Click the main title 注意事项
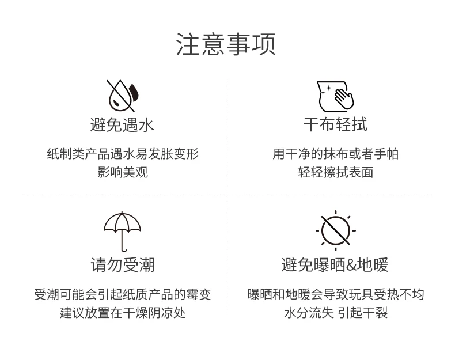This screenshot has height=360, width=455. pyautogui.click(x=226, y=44)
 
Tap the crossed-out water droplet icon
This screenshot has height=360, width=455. pyautogui.click(x=122, y=96)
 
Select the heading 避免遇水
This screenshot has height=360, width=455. pyautogui.click(x=122, y=125)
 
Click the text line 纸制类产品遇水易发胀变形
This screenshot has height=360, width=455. pyautogui.click(x=123, y=154)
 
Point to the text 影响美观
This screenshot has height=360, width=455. pyautogui.click(x=123, y=172)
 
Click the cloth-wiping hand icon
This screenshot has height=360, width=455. pyautogui.click(x=335, y=96)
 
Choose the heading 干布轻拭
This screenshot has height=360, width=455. pyautogui.click(x=335, y=124)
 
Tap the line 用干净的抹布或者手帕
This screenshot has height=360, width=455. pyautogui.click(x=335, y=154)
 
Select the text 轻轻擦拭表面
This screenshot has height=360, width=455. pyautogui.click(x=335, y=172)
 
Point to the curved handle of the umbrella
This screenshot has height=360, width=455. pyautogui.click(x=124, y=249)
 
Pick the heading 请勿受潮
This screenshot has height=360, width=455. pyautogui.click(x=123, y=265)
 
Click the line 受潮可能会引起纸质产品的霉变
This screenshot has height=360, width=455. pyautogui.click(x=123, y=294)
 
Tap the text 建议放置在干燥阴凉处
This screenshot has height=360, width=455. pyautogui.click(x=123, y=313)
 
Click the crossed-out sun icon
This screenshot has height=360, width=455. pyautogui.click(x=336, y=230)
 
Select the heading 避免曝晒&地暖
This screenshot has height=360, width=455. pyautogui.click(x=335, y=265)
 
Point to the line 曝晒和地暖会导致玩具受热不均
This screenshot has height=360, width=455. pyautogui.click(x=336, y=294)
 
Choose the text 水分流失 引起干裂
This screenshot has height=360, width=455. pyautogui.click(x=336, y=313)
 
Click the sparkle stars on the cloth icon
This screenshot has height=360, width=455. pyautogui.click(x=326, y=90)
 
